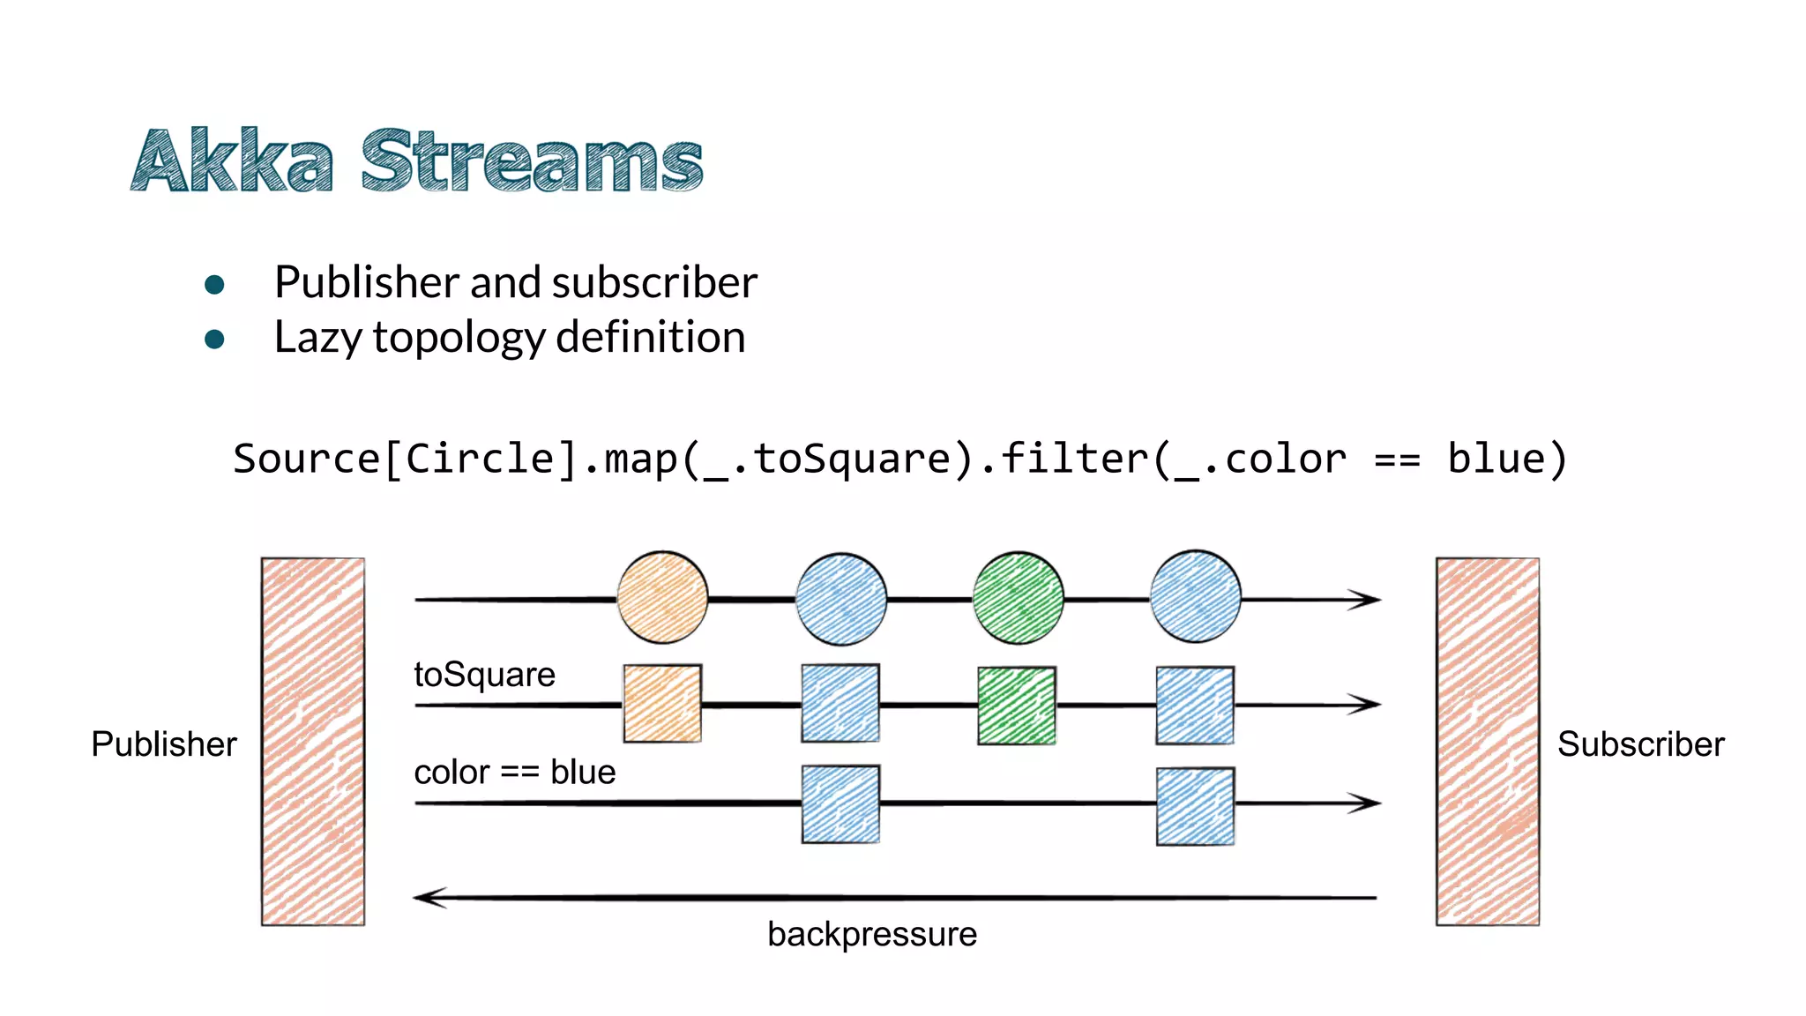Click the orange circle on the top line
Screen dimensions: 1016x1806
662,598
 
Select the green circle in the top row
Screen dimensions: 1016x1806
1018,598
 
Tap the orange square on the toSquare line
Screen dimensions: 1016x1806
662,704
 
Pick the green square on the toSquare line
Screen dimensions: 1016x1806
1017,706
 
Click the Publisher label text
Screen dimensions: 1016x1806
164,744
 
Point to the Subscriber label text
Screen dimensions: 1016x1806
1640,744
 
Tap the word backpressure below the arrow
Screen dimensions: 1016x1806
871,934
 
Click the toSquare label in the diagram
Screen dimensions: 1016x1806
484,675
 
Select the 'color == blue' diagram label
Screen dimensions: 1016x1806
514,772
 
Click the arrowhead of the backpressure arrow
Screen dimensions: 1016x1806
429,898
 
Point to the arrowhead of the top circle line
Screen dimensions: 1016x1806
1367,600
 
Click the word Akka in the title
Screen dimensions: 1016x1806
233,162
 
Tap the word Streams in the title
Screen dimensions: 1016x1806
532,162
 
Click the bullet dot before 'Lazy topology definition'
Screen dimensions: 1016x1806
214,339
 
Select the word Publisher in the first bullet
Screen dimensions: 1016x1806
367,283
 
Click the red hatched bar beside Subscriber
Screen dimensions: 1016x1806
1487,741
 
